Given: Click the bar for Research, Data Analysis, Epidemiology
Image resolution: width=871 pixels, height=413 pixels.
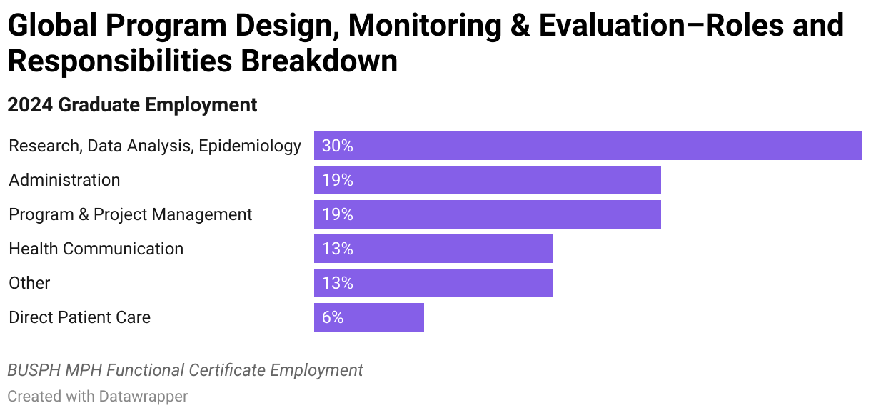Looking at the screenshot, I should coord(588,146).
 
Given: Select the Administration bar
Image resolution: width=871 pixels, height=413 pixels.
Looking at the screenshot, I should coord(487,180).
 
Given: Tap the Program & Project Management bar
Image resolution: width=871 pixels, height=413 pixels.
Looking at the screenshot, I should coord(487,214).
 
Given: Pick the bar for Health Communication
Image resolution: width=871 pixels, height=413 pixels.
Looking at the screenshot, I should coord(433,249).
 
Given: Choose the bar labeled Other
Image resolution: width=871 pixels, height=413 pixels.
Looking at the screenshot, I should coord(433,283).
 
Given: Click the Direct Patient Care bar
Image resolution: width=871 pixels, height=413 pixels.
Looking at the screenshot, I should coord(368,317).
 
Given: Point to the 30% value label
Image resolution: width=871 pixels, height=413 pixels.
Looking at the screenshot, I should coord(337,146).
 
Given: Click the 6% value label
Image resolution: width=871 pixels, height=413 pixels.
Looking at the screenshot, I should coord(333,317).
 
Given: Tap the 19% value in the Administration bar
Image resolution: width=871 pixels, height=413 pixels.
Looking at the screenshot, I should coord(337,180).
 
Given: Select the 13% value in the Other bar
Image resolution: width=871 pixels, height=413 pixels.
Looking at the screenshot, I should coord(337,283).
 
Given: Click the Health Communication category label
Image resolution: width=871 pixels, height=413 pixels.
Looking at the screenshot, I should coord(96,249).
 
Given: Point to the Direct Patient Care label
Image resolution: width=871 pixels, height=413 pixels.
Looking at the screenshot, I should coord(79,317).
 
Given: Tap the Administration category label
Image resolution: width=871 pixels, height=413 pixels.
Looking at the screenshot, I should coord(64,180).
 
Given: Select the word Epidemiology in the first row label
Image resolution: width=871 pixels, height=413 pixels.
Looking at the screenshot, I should coord(250,146).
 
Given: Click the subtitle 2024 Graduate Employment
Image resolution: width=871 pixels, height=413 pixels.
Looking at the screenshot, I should coord(132,105).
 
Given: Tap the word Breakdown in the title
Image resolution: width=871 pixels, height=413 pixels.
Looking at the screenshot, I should coord(318,61).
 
